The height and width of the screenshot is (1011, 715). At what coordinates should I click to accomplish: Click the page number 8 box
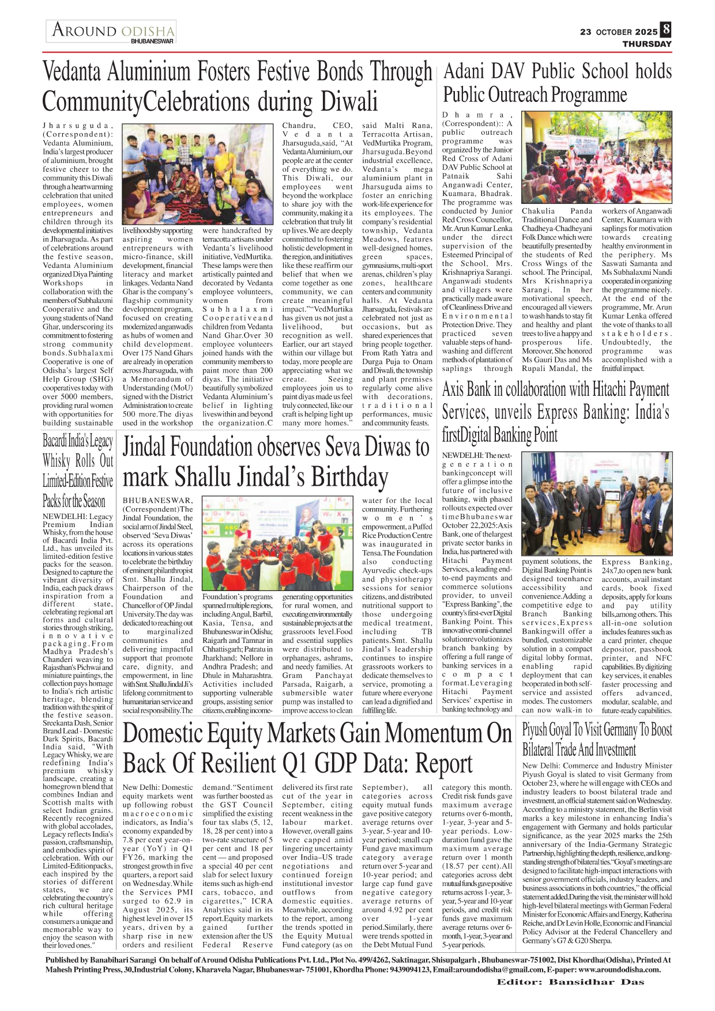coord(666,30)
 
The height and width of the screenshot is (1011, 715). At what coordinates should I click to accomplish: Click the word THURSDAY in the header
coord(646,44)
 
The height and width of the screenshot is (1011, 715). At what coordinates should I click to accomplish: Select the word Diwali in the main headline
coord(349,101)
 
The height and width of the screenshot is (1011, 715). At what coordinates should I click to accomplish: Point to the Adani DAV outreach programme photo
coord(597,157)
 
